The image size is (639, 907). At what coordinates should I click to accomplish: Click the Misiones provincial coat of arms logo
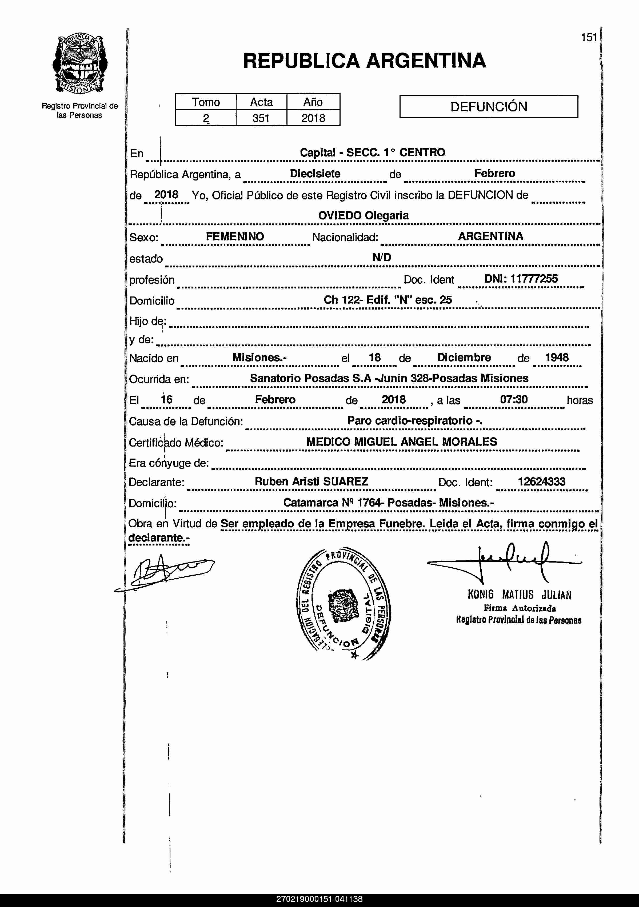pos(80,65)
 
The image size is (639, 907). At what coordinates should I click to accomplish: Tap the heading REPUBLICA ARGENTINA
pos(364,61)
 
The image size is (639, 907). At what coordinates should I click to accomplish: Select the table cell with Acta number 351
pos(261,118)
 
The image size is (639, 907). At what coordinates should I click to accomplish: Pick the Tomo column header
pos(206,102)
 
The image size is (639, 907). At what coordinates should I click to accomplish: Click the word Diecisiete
pos(315,173)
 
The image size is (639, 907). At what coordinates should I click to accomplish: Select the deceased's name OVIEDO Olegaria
pos(363,216)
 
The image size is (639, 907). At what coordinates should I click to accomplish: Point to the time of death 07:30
pos(514,399)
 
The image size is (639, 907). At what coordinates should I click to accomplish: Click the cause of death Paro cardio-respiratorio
pos(414,421)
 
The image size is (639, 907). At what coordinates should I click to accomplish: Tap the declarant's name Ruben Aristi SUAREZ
pos(311,481)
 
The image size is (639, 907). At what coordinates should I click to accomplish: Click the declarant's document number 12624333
pos(541,481)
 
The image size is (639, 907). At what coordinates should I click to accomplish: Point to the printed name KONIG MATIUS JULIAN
pos(519,595)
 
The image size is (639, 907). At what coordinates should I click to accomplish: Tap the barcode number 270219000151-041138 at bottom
pos(319,899)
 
